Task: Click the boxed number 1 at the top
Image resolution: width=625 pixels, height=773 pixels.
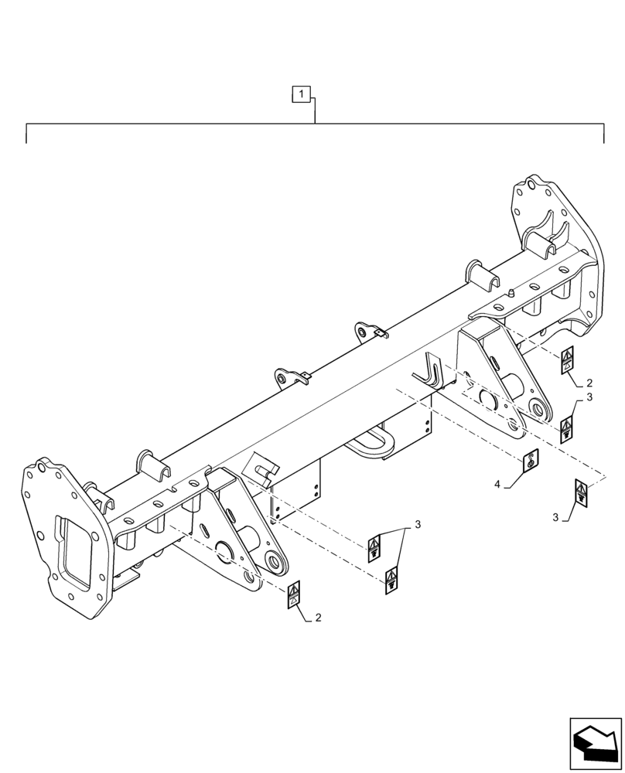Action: pos(301,95)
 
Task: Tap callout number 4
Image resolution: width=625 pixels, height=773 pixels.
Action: pos(498,485)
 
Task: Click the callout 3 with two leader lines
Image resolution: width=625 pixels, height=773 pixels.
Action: pos(418,525)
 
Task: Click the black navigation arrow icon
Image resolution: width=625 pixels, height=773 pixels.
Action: pos(596,744)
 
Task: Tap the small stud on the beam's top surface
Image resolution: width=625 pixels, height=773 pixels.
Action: pos(512,293)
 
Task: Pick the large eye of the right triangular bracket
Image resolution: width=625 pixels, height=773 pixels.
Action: pos(537,407)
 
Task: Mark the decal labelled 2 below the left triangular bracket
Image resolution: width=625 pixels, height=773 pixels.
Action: pos(295,596)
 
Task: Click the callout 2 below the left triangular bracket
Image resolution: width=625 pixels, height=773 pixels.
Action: pos(317,618)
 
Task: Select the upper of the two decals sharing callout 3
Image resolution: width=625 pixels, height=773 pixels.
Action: pos(373,548)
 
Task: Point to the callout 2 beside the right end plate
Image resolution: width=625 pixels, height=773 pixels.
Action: pos(589,383)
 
